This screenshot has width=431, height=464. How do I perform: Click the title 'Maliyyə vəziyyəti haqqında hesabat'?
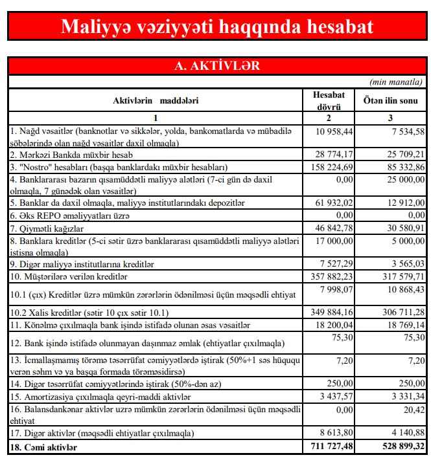click(x=216, y=27)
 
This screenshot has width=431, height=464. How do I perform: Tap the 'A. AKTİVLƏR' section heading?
click(x=216, y=66)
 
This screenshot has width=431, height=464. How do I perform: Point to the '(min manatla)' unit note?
click(x=396, y=82)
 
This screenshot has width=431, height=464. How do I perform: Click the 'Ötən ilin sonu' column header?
click(x=390, y=101)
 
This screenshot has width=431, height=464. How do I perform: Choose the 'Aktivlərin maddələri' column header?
click(x=156, y=101)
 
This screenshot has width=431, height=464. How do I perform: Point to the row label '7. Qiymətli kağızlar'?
click(x=48, y=227)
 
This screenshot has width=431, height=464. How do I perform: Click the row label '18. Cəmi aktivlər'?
click(x=45, y=447)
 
